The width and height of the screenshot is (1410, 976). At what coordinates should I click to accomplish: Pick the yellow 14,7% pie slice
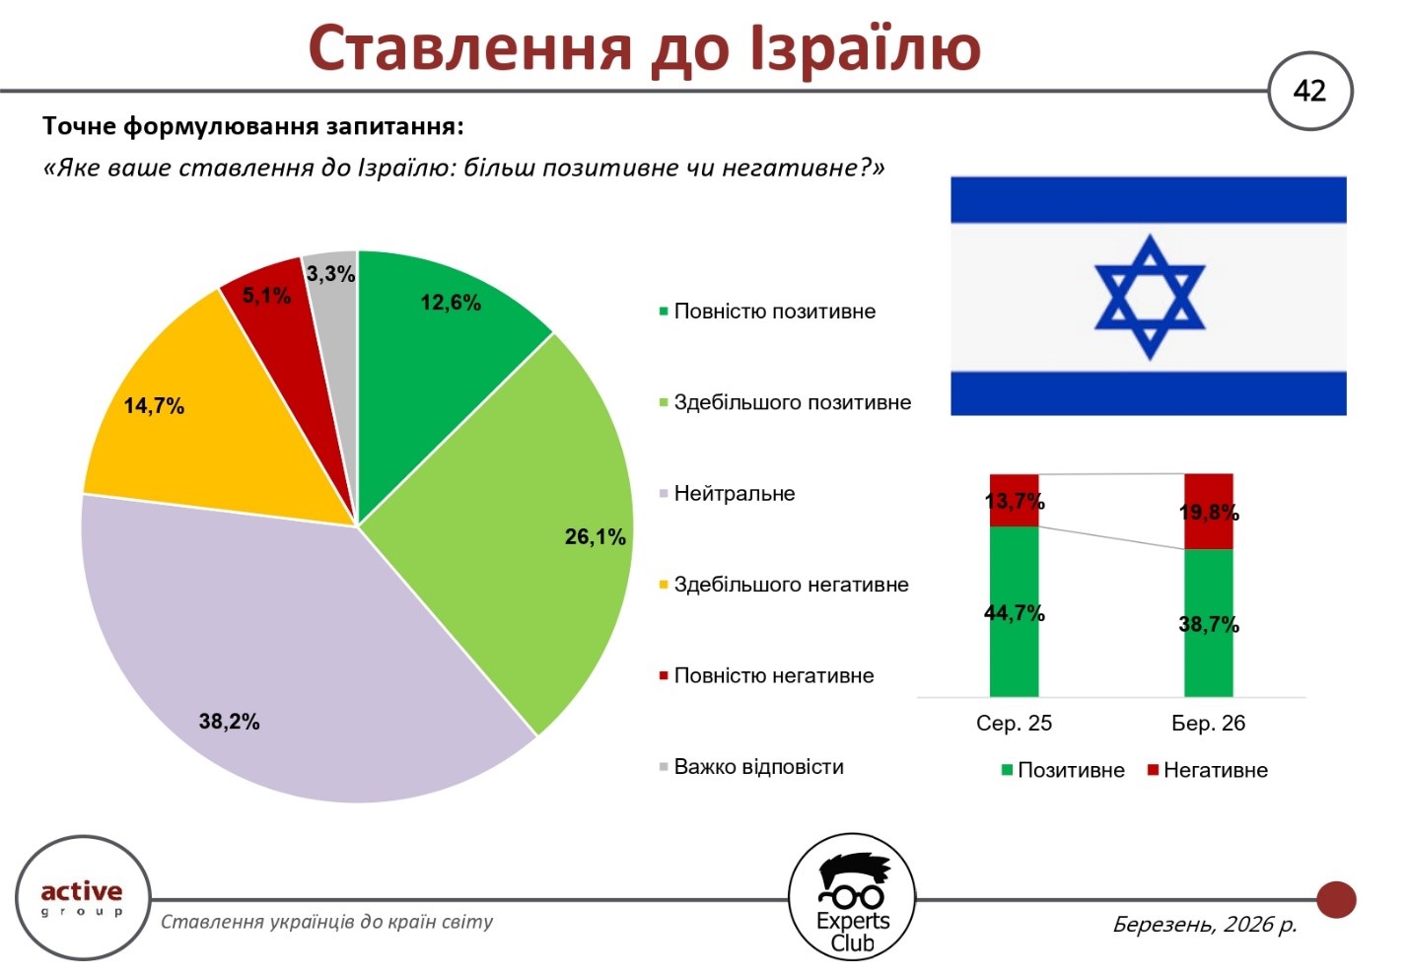pos(197,424)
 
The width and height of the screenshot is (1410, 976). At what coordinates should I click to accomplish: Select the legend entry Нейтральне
pos(734,494)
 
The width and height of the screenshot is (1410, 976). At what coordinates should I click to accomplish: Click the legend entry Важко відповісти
pos(758,767)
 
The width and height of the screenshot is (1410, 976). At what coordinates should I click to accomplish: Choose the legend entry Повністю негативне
pos(773,676)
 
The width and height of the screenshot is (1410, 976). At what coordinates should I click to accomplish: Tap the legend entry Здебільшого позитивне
pos(792,402)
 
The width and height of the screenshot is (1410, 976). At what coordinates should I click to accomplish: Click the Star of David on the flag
pos(1149,296)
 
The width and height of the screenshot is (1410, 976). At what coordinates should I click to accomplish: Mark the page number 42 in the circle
pos(1309,92)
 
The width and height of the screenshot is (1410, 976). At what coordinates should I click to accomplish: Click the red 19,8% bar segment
pos(1208,512)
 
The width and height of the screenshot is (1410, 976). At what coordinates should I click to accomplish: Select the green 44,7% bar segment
pos(1014,612)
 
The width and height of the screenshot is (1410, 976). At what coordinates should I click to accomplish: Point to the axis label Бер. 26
pos(1208,724)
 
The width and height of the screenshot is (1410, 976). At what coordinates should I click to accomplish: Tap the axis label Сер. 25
pos(1014,724)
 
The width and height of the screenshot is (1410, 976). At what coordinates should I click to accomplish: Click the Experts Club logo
pos(852,898)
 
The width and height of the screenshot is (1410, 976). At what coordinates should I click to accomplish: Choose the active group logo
pos(82,897)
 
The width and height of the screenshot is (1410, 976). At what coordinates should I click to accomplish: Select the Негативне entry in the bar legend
pos(1214,771)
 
